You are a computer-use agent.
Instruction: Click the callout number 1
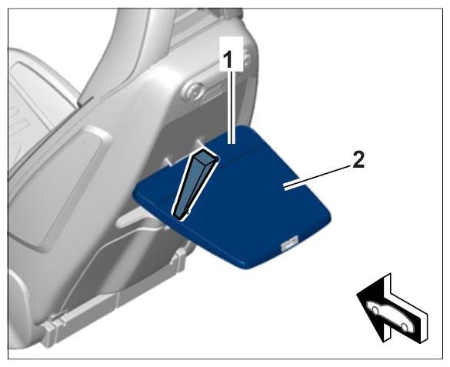(228, 60)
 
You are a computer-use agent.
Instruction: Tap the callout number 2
(358, 159)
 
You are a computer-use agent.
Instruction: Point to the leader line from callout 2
(318, 177)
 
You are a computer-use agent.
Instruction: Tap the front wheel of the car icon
(375, 310)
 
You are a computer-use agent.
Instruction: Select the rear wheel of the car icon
(403, 327)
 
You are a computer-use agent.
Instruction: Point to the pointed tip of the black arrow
(357, 295)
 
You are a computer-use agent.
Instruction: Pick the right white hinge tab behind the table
(199, 142)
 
